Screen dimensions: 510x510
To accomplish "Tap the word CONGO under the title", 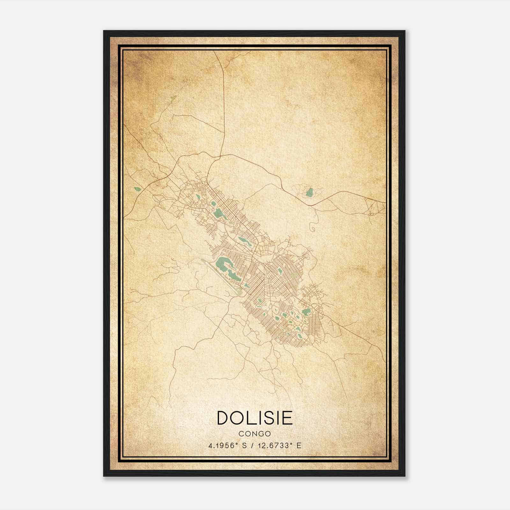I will coord(254,434).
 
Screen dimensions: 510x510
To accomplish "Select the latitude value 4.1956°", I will coord(223,446).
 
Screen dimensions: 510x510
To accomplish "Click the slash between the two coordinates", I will coord(252,446).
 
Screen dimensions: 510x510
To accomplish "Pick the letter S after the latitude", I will coord(244,446).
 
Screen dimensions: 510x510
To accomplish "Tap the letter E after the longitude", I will coord(299,446).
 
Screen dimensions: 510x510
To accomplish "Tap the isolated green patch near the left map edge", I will coord(138,189).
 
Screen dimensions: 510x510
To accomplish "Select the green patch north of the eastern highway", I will coord(310,192).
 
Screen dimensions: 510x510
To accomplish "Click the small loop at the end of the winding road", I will coord(313,228).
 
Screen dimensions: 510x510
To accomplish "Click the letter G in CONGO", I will coord(262,434).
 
